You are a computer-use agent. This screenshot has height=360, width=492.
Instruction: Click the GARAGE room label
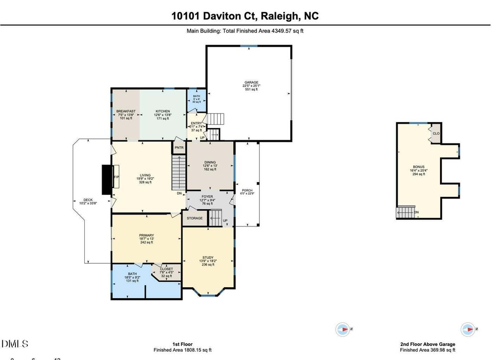(251, 83)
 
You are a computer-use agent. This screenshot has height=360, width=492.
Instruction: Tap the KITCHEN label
(163, 111)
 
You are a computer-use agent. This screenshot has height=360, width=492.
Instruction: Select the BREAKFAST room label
(126, 111)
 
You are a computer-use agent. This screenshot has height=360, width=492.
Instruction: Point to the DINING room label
(210, 162)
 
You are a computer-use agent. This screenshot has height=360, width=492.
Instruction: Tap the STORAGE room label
(195, 218)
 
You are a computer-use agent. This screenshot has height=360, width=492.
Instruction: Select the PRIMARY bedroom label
(146, 235)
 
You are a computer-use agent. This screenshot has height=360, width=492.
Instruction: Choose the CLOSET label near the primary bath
(166, 269)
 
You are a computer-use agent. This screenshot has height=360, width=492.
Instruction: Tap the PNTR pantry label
(179, 147)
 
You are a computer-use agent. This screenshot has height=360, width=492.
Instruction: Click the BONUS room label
(418, 166)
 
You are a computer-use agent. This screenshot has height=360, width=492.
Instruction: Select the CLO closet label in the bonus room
(436, 133)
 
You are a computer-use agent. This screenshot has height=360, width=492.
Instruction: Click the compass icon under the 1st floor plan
(343, 329)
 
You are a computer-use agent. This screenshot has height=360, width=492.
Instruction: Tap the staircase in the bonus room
(405, 212)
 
